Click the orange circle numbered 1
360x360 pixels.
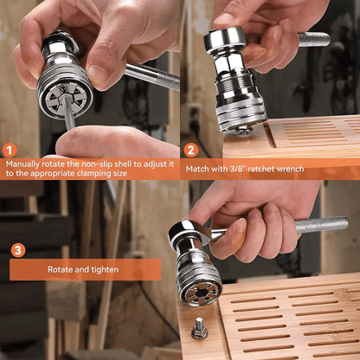pyautogui.click(x=10, y=149)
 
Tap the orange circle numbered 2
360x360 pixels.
pyautogui.click(x=190, y=149)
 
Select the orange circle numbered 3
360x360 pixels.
pyautogui.click(x=18, y=250)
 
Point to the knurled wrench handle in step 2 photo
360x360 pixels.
pyautogui.click(x=312, y=39)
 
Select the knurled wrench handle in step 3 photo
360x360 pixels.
pyautogui.click(x=320, y=225)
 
